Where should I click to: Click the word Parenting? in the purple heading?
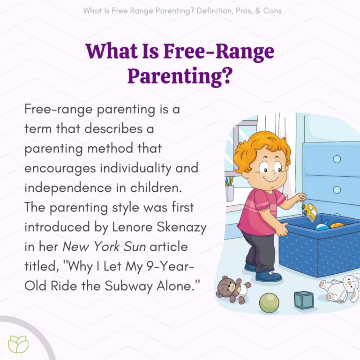180,75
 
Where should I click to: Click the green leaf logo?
18,344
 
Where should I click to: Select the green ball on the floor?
269,303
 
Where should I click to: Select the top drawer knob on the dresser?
337,159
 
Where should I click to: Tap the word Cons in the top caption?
272,10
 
